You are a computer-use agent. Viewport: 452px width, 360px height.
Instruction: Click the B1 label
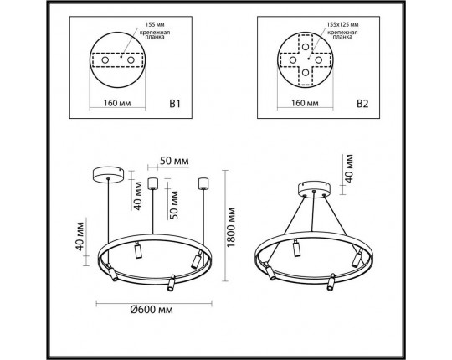click(176, 106)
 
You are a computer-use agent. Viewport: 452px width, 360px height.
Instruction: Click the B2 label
click(362, 106)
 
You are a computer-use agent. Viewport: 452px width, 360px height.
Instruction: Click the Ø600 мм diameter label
click(152, 311)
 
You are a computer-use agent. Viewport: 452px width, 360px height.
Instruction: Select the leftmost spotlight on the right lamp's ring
click(269, 270)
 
